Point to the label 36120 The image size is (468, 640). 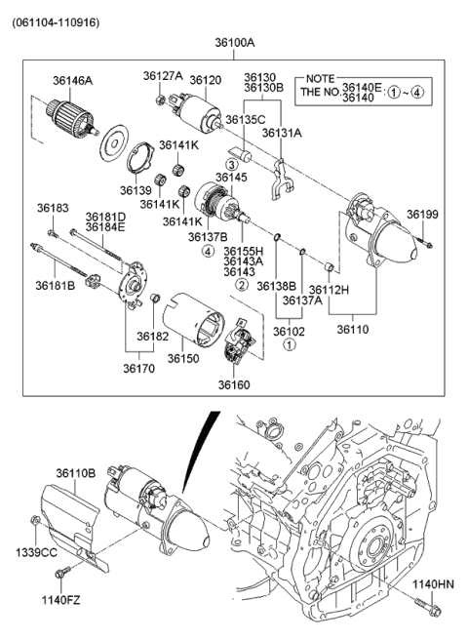[205, 79]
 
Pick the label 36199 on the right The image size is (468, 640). [422, 214]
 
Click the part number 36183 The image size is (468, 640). [53, 208]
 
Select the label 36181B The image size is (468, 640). [56, 285]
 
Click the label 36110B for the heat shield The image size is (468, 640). [75, 473]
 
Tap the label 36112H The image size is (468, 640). [329, 290]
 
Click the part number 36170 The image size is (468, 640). [138, 368]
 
